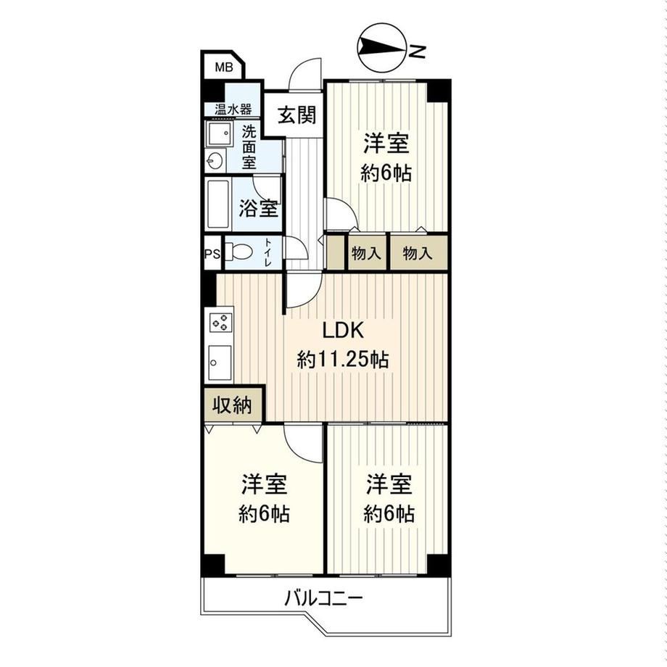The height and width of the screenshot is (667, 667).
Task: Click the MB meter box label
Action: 224,67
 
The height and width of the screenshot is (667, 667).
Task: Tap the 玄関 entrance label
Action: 297,115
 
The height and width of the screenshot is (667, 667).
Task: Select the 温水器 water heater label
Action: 233,109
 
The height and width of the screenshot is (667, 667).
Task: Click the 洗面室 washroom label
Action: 249,146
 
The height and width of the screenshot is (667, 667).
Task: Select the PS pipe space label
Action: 212,254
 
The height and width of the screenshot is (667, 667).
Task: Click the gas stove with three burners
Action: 221,322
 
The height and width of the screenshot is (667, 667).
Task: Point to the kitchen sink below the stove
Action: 220,362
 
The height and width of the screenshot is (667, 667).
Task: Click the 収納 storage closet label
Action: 232,405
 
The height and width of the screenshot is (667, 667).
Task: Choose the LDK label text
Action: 343,330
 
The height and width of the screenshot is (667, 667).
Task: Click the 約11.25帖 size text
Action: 343,360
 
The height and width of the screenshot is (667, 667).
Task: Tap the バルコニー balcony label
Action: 323,600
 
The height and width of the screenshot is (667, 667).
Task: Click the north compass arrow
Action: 380,46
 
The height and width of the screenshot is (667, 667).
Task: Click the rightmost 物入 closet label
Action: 418,254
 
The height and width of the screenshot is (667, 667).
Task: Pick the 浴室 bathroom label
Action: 258,209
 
